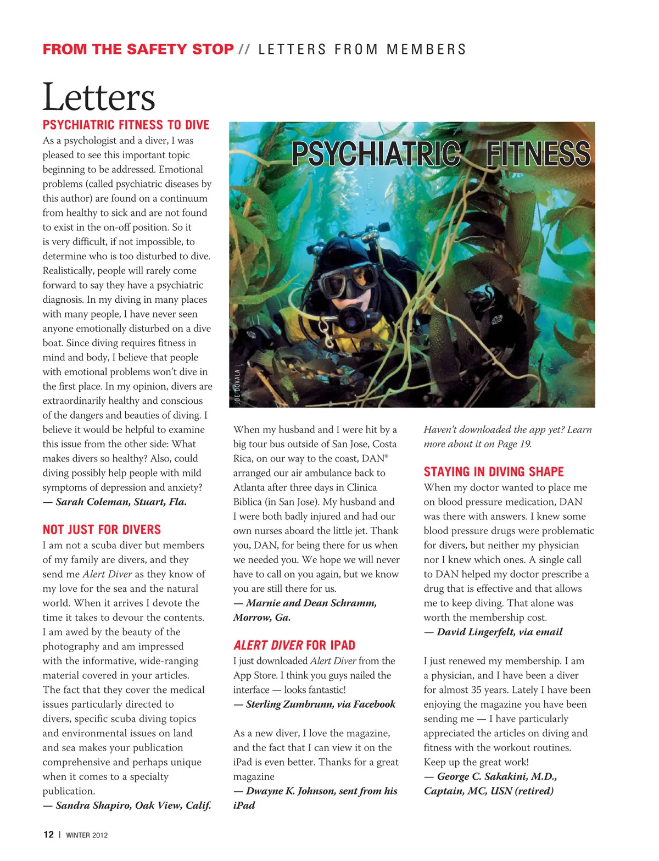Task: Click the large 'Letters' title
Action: click(x=99, y=97)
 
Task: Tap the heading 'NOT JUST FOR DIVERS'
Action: click(x=102, y=530)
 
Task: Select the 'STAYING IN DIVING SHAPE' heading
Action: click(x=494, y=471)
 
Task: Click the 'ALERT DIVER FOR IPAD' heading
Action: click(x=294, y=645)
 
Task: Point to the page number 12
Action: click(x=48, y=835)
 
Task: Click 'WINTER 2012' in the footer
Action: click(x=87, y=835)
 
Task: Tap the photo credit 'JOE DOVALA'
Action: click(x=237, y=386)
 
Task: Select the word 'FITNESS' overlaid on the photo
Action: click(x=538, y=154)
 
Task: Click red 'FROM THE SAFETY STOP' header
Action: click(x=138, y=49)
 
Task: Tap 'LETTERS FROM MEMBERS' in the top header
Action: click(x=362, y=49)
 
